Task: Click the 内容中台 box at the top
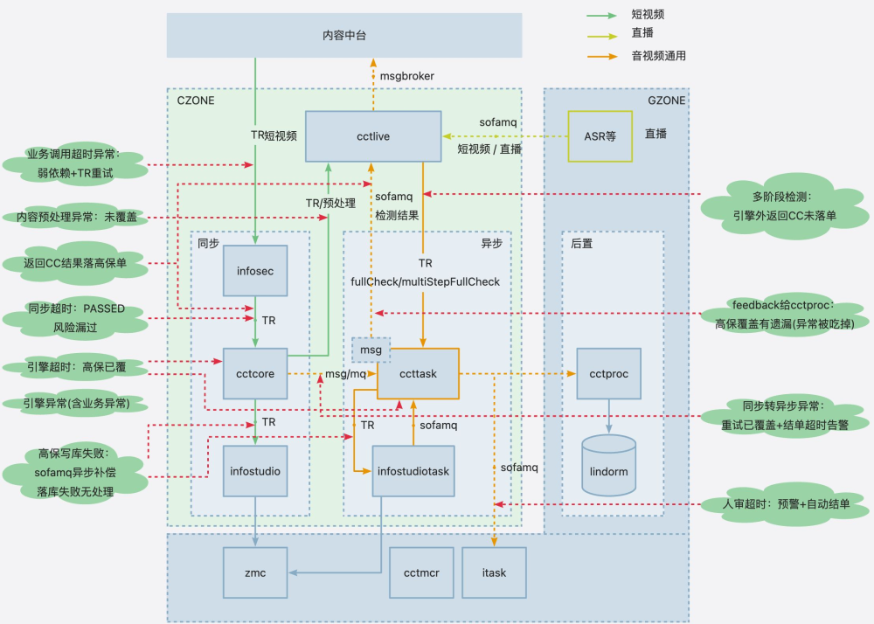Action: pyautogui.click(x=343, y=36)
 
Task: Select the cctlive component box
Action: pyautogui.click(x=372, y=136)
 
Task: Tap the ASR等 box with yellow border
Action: pyautogui.click(x=600, y=136)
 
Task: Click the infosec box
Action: pyautogui.click(x=255, y=272)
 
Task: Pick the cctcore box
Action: pyautogui.click(x=255, y=374)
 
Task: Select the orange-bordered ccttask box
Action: pyautogui.click(x=418, y=374)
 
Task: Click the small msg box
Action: pyautogui.click(x=371, y=350)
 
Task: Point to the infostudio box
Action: pyautogui.click(x=255, y=471)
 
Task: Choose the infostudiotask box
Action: pyautogui.click(x=413, y=471)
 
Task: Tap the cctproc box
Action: pyautogui.click(x=609, y=374)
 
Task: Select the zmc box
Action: pyautogui.click(x=255, y=573)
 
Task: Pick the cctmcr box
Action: pyautogui.click(x=420, y=573)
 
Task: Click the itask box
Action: pyautogui.click(x=494, y=573)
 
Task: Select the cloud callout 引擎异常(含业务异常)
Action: pyautogui.click(x=75, y=404)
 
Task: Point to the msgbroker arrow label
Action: pyautogui.click(x=406, y=76)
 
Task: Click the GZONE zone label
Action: pyautogui.click(x=666, y=101)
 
